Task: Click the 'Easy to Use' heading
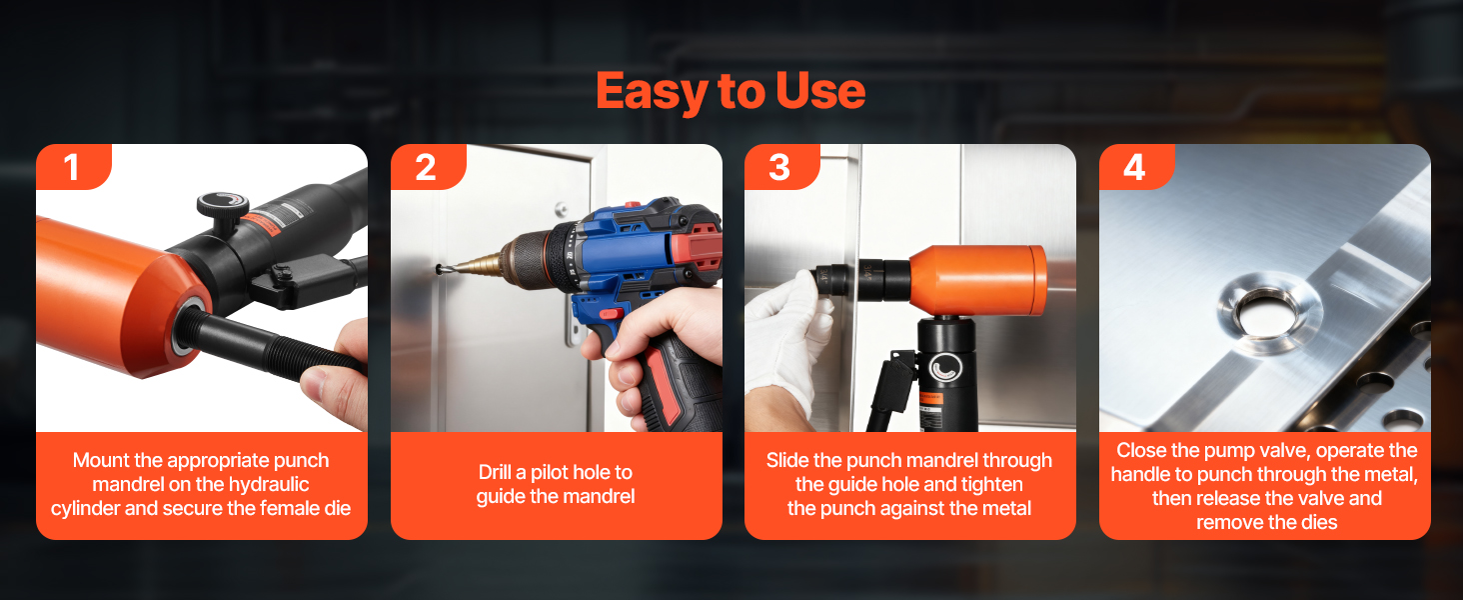point(731,92)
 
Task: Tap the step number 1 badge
point(73,167)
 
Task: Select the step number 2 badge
point(427,167)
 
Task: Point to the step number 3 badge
point(781,167)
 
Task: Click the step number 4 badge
point(1136,167)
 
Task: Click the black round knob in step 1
point(223,210)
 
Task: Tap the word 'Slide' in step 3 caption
point(787,460)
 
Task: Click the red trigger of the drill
point(612,314)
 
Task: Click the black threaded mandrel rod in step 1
point(268,343)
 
